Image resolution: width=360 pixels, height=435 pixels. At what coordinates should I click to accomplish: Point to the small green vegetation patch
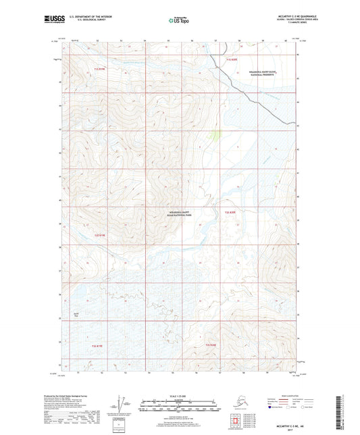click(x=215, y=135)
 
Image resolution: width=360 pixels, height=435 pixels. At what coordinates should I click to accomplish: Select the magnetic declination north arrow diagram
click(x=121, y=405)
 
